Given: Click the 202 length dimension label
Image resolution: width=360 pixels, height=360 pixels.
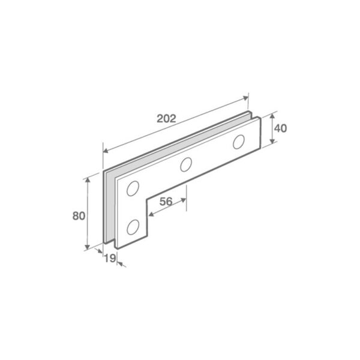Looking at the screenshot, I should (x=166, y=118).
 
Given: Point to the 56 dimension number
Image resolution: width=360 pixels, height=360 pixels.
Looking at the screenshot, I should (x=166, y=202).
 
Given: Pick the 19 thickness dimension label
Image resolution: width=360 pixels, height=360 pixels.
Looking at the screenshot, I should (x=109, y=259).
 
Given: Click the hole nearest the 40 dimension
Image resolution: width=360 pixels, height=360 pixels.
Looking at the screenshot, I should (x=239, y=142).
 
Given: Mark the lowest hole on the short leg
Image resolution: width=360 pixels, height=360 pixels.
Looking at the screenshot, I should (x=133, y=226).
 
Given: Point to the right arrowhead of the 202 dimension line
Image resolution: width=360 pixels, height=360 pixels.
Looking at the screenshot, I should (x=246, y=97).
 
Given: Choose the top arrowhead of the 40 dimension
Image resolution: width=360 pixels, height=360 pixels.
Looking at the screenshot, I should (x=273, y=113).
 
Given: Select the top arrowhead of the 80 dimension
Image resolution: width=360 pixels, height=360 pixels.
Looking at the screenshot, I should (x=88, y=179).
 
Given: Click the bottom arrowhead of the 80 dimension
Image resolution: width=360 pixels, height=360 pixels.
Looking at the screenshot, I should (x=88, y=247).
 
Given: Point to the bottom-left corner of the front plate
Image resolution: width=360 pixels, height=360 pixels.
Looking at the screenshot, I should (x=116, y=247).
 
